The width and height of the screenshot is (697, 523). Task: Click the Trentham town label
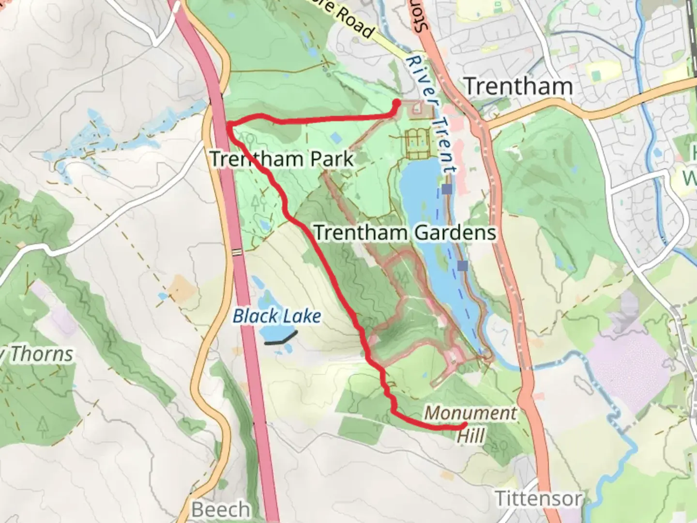tap(518, 87)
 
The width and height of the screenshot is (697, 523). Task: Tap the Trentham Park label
tap(282, 159)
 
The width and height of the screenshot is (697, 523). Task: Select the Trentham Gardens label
tap(405, 232)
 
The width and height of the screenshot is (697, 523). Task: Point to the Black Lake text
tap(277, 316)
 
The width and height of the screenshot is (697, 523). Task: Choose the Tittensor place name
tap(538, 498)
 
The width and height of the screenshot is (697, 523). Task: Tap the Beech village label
tap(221, 509)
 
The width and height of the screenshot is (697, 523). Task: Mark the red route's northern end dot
tap(396, 103)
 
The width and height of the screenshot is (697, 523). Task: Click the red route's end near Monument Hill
tap(464, 426)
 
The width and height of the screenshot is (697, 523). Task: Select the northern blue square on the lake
tap(448, 189)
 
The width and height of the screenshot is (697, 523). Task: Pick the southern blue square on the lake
tap(463, 265)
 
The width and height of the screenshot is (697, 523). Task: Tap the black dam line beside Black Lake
tap(281, 338)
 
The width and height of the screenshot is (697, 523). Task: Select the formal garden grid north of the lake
tap(417, 144)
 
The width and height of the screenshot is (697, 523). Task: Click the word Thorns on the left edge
tap(42, 354)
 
